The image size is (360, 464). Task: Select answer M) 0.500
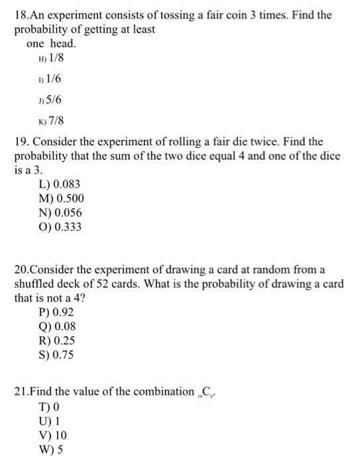(x=62, y=198)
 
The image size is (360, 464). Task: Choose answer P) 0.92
(x=57, y=312)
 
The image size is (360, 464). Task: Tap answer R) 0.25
(x=57, y=341)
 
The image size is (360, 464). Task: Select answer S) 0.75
(x=57, y=355)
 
